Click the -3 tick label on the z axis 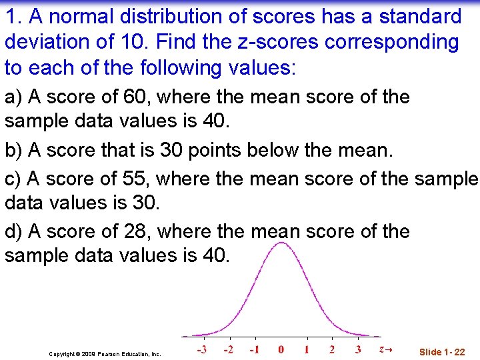pos(201,349)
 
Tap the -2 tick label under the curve pos(228,349)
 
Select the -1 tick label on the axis pos(254,349)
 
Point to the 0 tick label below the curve pos(281,349)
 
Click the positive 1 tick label pos(307,349)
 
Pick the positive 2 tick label pos(332,349)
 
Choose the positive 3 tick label pos(358,349)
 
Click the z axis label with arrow pos(385,349)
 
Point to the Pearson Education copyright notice pos(105,354)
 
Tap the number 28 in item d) pos(136,231)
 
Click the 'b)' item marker pos(13,151)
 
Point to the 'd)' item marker pos(13,231)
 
